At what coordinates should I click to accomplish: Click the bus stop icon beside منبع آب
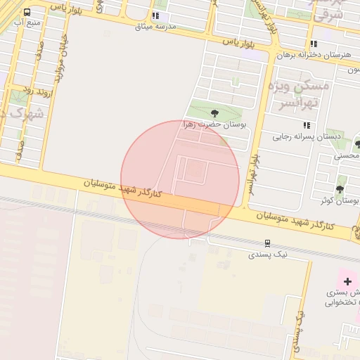coord(27,13)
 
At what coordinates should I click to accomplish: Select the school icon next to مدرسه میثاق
coord(155,15)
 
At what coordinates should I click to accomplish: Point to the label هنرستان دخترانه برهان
coord(314,54)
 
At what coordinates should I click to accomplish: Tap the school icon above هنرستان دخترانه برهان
coord(314,44)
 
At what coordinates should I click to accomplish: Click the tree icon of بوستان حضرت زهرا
coord(214,112)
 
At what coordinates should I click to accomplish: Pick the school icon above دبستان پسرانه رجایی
coord(307,125)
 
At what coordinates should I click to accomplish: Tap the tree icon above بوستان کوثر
coord(340,189)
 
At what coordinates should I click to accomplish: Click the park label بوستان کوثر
coord(335,200)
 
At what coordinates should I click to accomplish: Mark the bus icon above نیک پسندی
coord(267,243)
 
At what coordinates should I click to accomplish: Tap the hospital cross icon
coord(347,281)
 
